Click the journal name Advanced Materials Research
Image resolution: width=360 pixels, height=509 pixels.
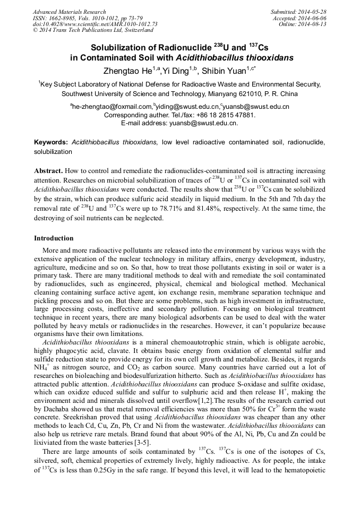coord(69,12)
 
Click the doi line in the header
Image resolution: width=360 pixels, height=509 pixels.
coord(95,24)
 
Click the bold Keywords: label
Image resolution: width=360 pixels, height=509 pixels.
coord(51,143)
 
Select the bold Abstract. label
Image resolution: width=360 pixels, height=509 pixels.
coord(49,171)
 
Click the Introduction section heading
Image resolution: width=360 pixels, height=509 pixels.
coord(54,238)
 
